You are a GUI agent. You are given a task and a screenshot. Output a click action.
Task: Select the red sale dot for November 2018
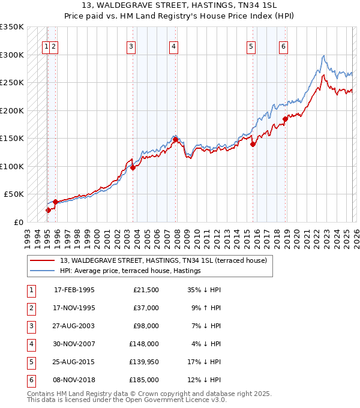(286, 119)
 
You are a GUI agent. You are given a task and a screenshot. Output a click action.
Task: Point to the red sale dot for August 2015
(253, 144)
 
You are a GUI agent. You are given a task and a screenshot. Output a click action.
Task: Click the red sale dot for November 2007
(175, 139)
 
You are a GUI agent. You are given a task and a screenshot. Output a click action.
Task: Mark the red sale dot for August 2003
(133, 167)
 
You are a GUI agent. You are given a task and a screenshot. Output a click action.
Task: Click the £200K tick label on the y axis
(12, 110)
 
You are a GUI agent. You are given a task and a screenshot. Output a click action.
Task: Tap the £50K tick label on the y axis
(14, 194)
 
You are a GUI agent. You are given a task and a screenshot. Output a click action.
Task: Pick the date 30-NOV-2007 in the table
(74, 344)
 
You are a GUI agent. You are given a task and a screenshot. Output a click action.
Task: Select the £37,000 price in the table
(146, 308)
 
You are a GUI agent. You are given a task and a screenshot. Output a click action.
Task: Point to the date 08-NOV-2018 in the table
(74, 380)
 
